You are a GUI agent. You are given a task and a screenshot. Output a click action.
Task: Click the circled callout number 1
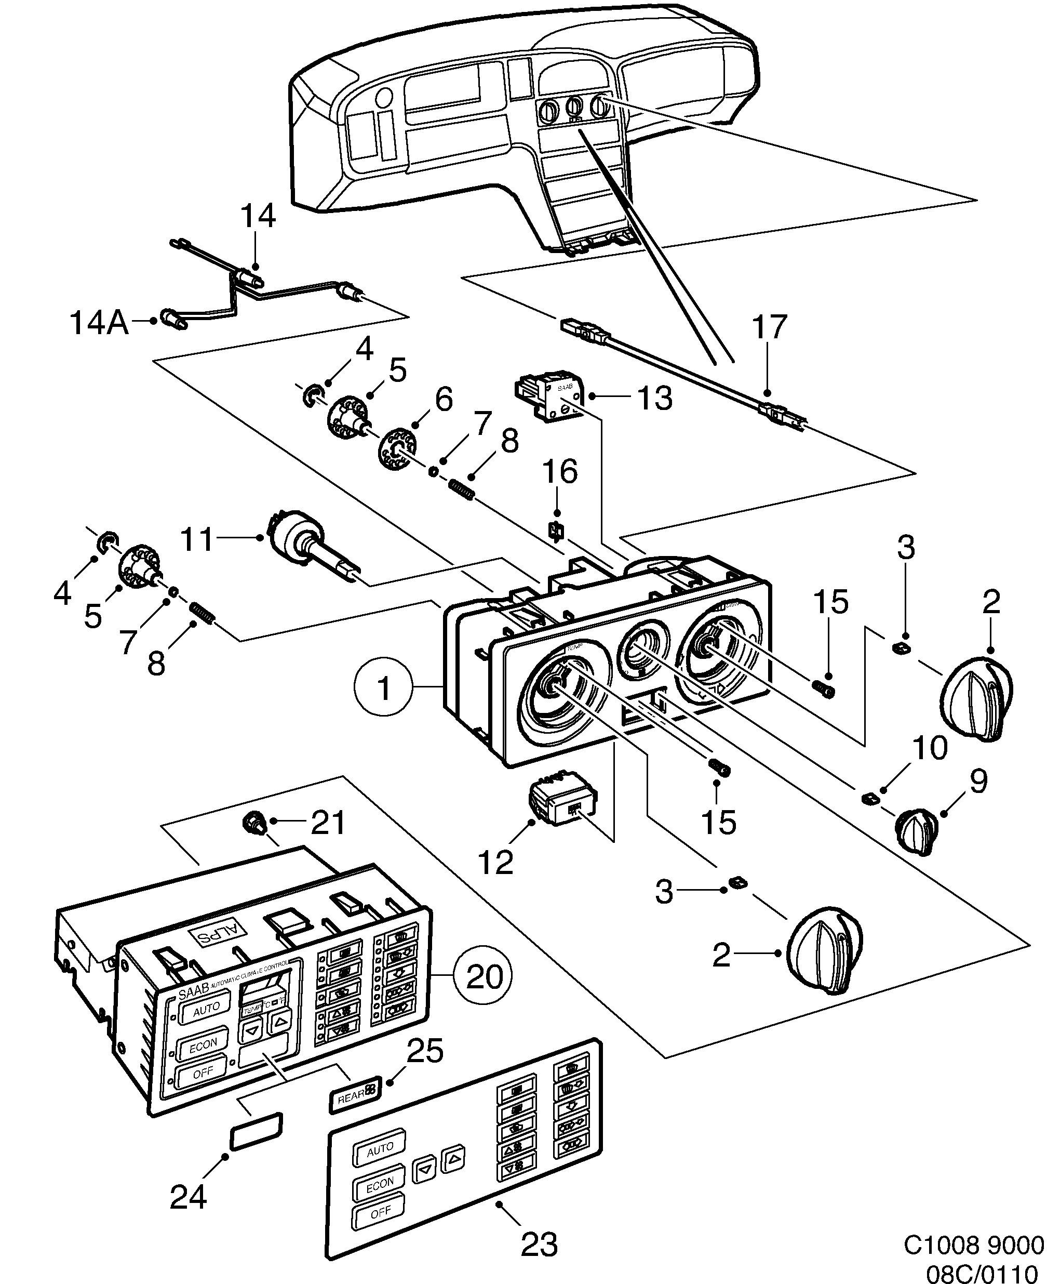click(x=384, y=688)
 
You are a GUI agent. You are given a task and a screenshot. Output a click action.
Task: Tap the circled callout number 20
click(x=485, y=976)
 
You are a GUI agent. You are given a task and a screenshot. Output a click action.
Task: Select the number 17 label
click(x=769, y=328)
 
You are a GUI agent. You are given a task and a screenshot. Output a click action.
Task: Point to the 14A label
click(x=99, y=323)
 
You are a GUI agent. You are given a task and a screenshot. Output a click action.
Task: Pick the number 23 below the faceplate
click(x=539, y=1243)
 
